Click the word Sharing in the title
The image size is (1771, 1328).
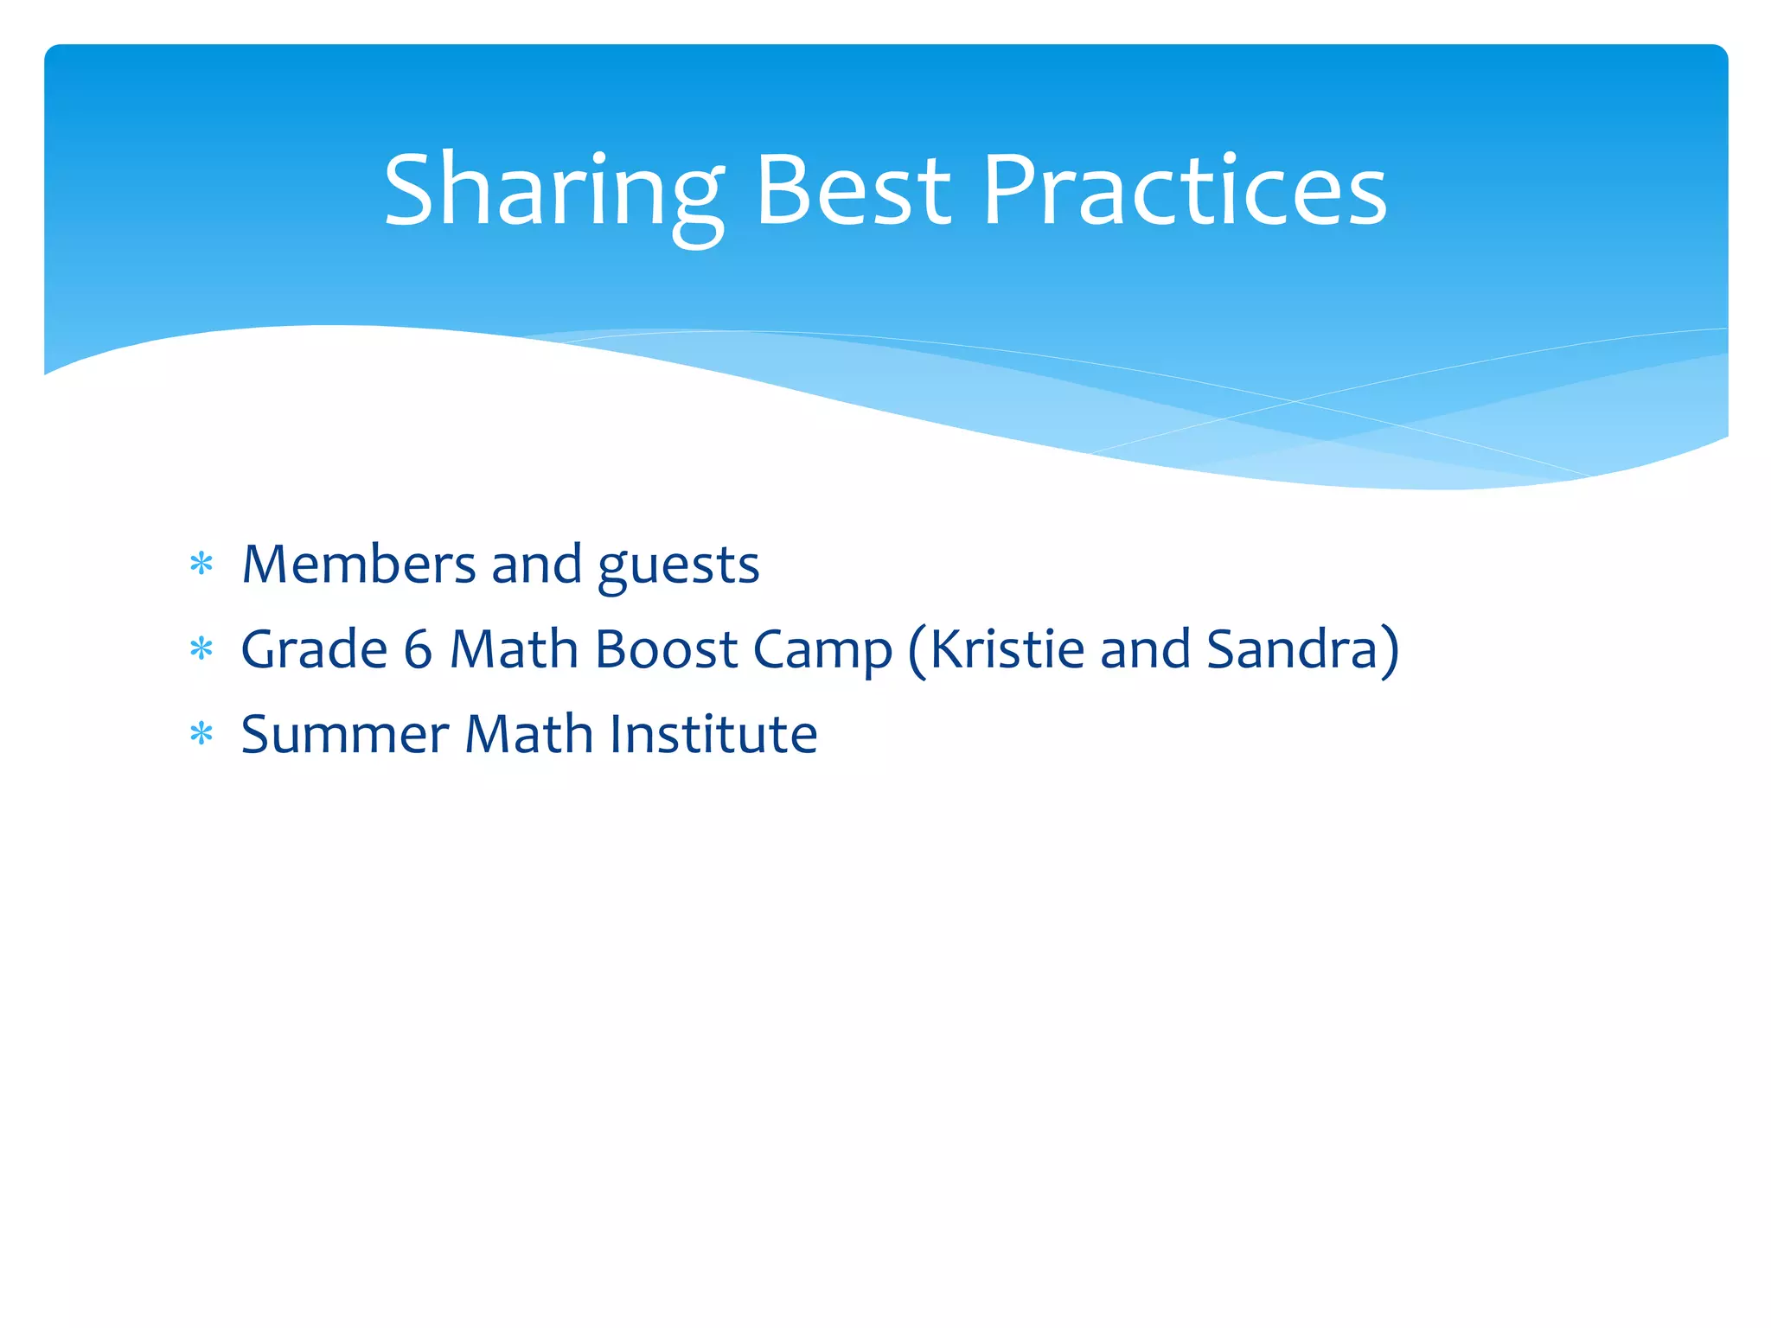click(x=553, y=192)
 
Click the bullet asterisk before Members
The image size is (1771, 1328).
click(x=201, y=565)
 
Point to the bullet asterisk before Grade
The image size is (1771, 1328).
click(x=201, y=649)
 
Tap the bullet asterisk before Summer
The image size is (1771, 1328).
click(x=201, y=735)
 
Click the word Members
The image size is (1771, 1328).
click(x=359, y=565)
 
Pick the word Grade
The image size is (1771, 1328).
click(x=314, y=649)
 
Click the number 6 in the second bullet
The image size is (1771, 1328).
click(x=418, y=649)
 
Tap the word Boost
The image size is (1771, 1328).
click(x=666, y=649)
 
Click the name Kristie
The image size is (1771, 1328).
click(x=1007, y=649)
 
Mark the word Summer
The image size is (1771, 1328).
click(x=345, y=735)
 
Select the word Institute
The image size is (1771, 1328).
click(x=713, y=735)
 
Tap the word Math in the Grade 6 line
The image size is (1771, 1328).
click(x=514, y=649)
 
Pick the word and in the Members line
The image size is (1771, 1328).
click(x=536, y=565)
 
